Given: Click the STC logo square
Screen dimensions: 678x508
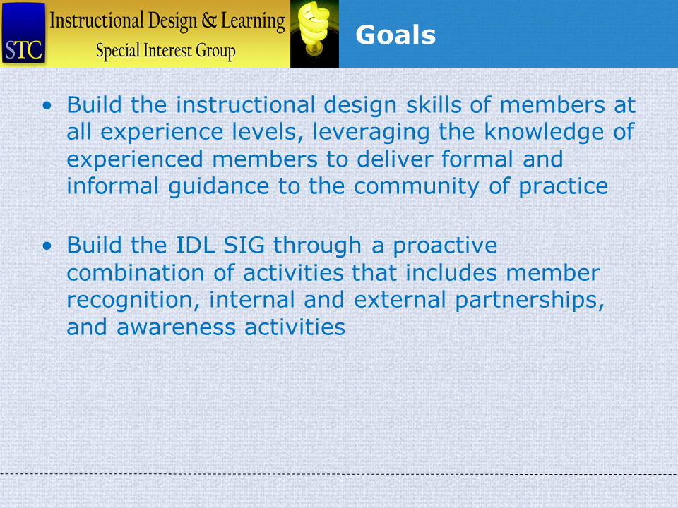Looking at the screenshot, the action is (x=23, y=33).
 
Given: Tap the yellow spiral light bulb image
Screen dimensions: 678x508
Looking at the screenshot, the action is (x=314, y=34).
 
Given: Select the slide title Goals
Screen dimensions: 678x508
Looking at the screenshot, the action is (x=395, y=35).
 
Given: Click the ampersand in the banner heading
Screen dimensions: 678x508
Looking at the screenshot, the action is (x=209, y=20).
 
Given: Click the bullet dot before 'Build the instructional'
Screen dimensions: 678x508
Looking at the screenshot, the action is (x=47, y=105).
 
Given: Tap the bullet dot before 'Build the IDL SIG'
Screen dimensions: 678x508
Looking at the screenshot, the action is (x=47, y=246).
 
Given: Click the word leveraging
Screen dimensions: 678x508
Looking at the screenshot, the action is (x=371, y=133).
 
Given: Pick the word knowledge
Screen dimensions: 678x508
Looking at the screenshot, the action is (x=544, y=133).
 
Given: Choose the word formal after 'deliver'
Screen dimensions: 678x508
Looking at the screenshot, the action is (x=478, y=159).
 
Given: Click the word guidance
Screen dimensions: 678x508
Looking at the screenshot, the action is (x=219, y=187).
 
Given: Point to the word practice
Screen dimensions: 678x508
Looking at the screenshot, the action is (x=564, y=187).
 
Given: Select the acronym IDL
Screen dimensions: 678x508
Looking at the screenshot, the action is (x=196, y=246).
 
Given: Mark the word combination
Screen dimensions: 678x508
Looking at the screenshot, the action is (x=136, y=273).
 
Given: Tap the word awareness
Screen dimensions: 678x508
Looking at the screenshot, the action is (x=177, y=327).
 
